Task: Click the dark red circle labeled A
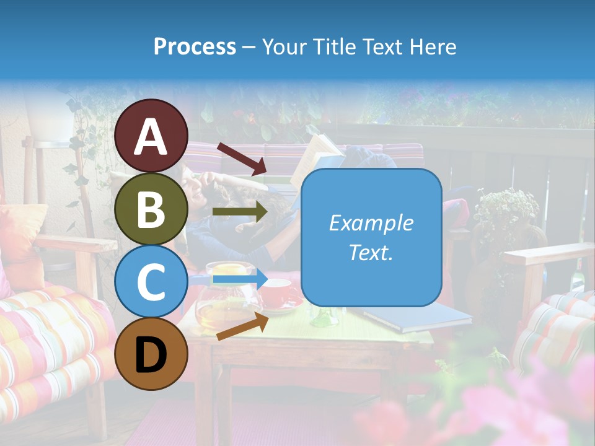[151, 136]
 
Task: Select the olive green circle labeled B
[151, 209]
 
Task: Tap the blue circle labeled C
[151, 281]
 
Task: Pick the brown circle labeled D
[151, 354]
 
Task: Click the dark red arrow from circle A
[242, 159]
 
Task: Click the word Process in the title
[195, 46]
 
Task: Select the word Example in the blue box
[371, 223]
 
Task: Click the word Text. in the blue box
[371, 252]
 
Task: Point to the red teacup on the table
[280, 292]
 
